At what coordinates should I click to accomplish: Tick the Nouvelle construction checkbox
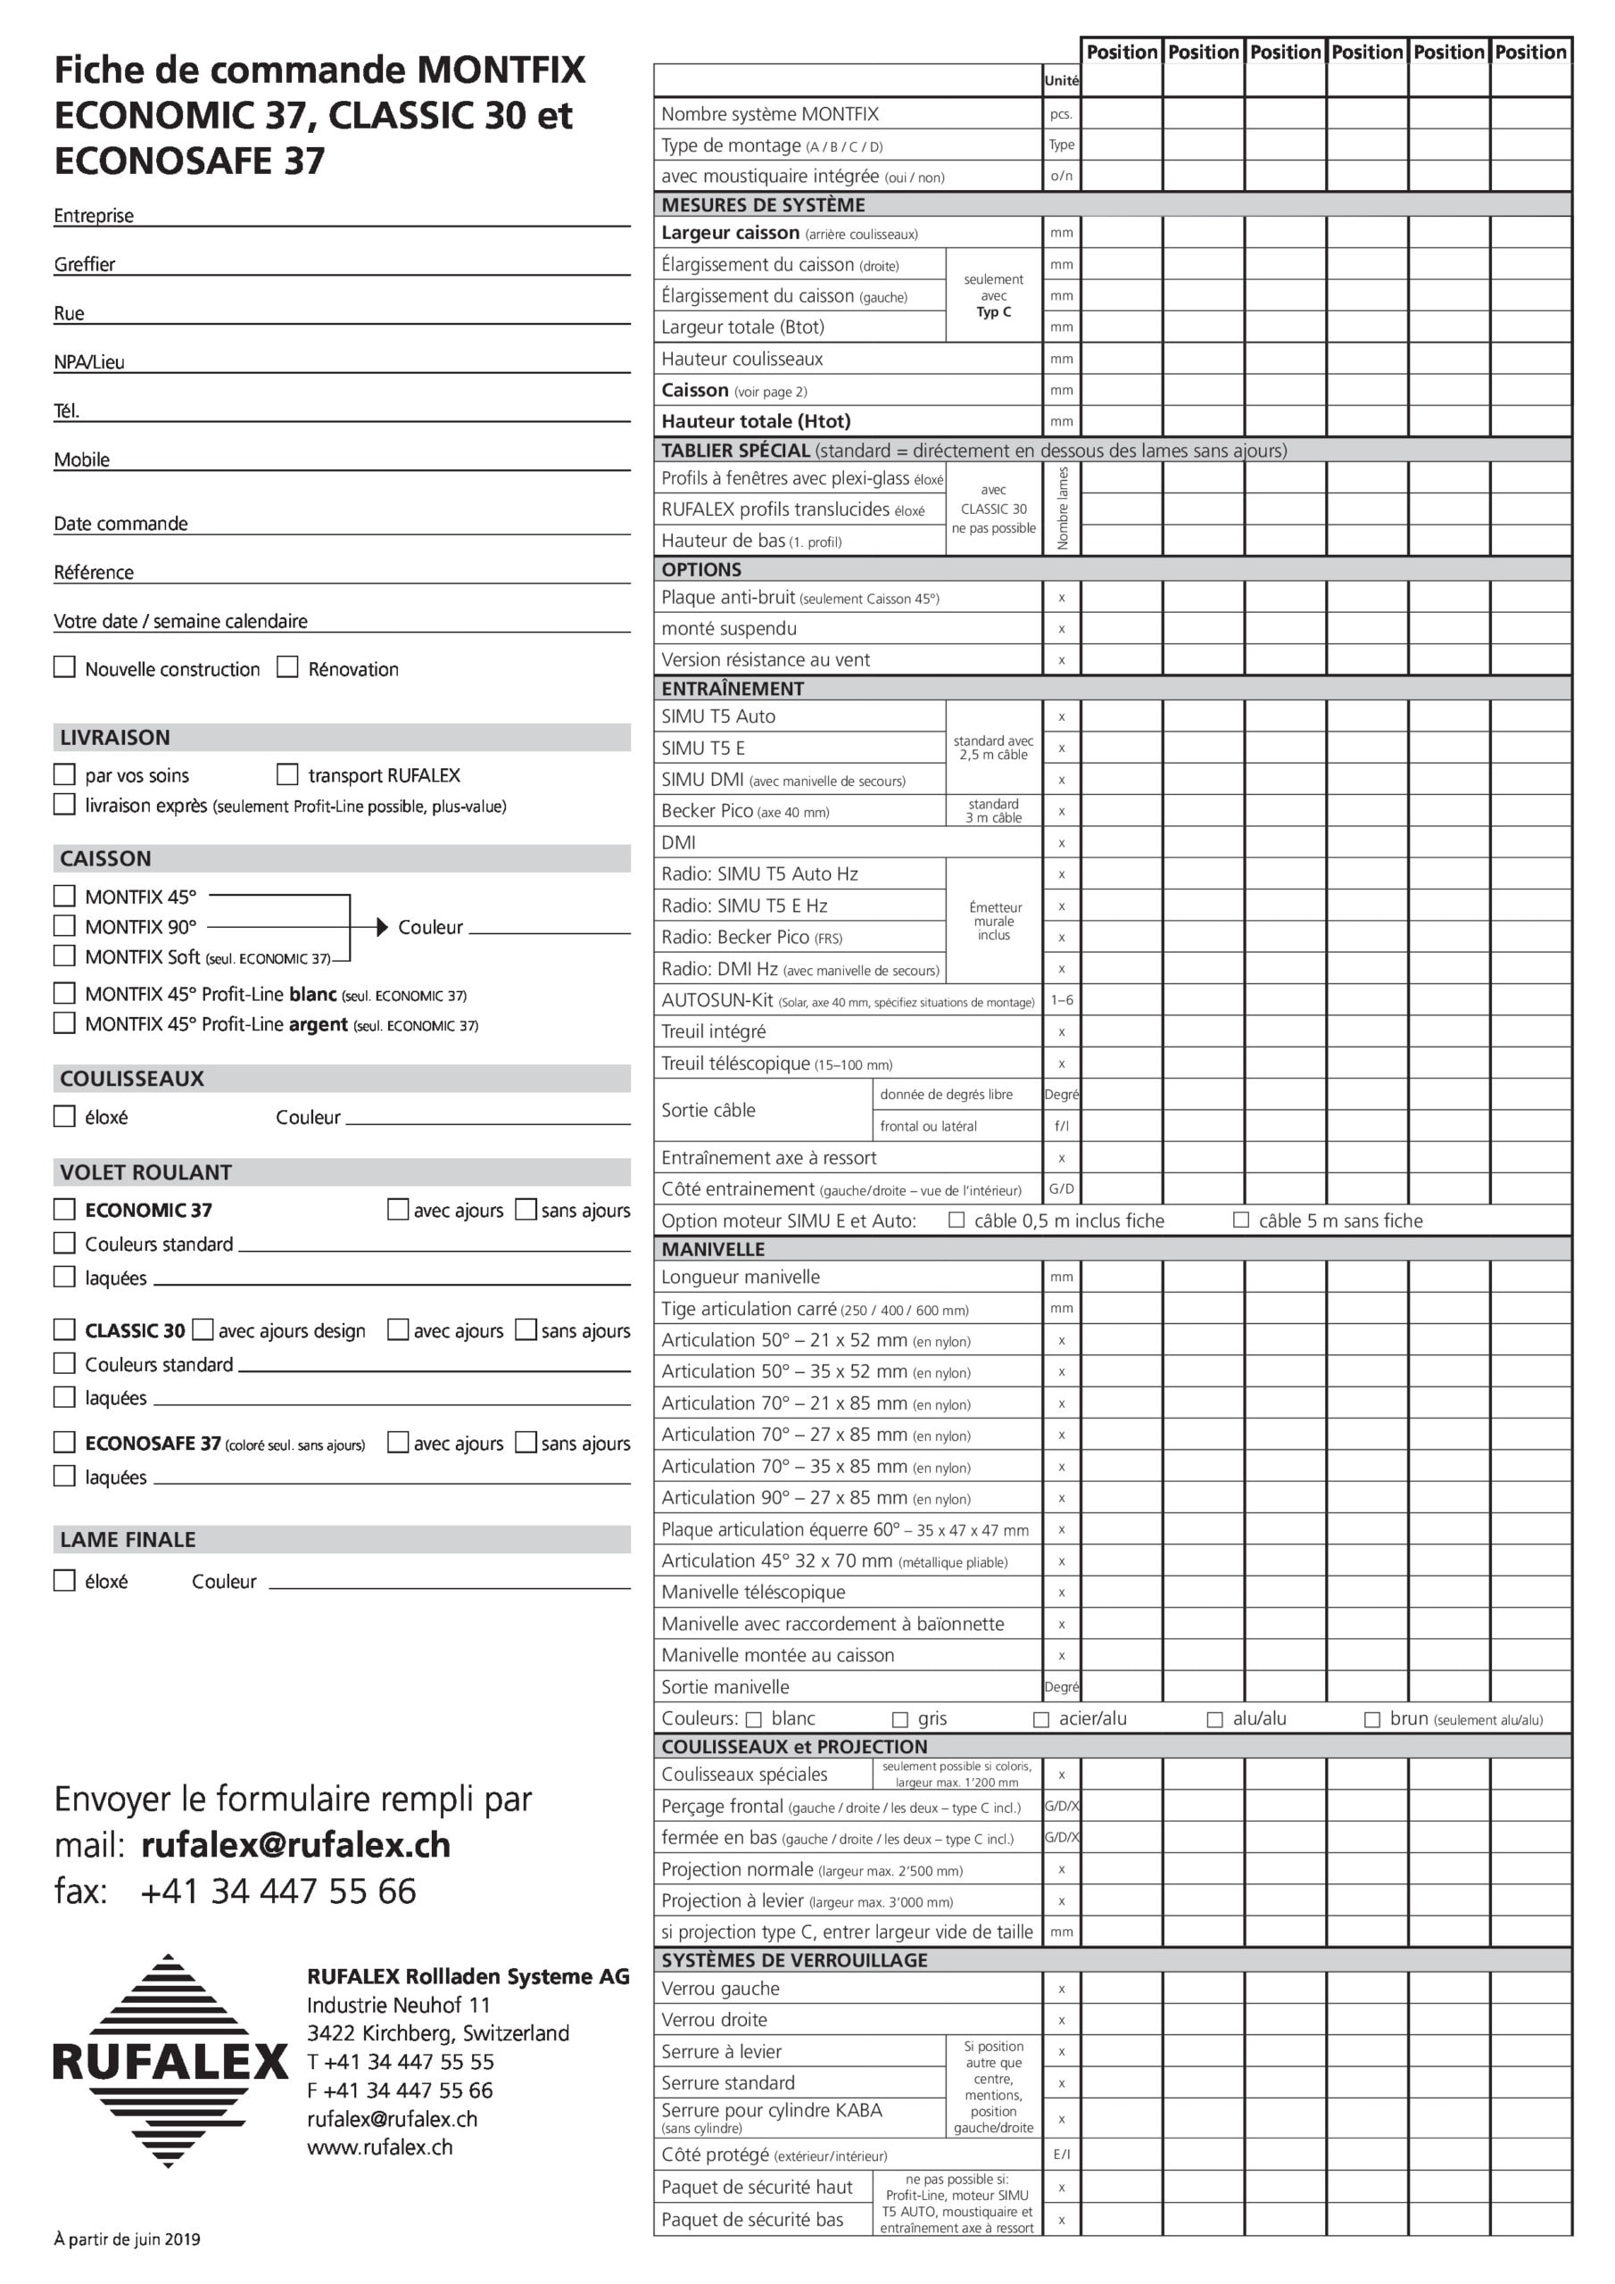tap(64, 666)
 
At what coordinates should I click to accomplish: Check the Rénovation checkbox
tap(287, 666)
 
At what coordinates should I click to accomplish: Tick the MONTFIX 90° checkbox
tap(64, 925)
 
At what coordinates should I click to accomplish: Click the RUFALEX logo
tap(170, 2061)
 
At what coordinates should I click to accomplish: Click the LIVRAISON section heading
tap(114, 737)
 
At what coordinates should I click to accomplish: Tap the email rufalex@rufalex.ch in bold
tap(295, 1844)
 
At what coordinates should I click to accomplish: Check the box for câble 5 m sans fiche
tap(1241, 1220)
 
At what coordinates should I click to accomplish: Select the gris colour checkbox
tap(900, 1719)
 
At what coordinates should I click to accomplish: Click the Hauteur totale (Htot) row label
tap(755, 421)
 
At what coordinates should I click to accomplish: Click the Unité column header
tap(1061, 80)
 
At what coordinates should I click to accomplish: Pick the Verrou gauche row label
tap(720, 1988)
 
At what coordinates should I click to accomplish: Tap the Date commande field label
tap(120, 523)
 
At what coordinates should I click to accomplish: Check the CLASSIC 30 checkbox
tap(64, 1329)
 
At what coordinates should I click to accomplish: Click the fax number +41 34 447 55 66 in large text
tap(277, 1891)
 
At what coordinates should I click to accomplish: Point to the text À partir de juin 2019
tap(127, 2238)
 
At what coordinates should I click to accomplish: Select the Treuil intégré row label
tap(714, 1031)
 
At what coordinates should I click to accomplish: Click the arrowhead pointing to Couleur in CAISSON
tap(382, 926)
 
